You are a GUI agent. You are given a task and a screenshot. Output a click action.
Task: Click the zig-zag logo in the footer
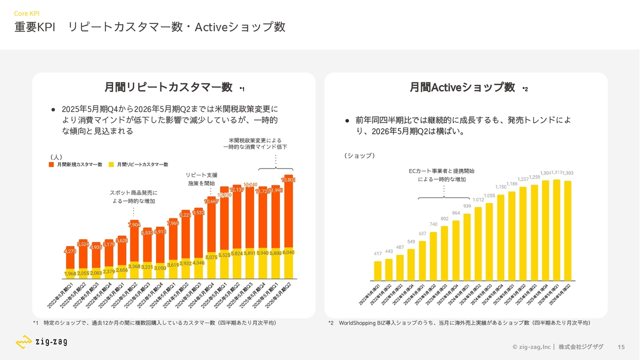pyautogui.click(x=41, y=342)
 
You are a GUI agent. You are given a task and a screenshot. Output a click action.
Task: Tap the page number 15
pyautogui.click(x=621, y=347)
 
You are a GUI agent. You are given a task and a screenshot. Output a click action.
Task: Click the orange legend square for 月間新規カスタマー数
pyautogui.click(x=51, y=164)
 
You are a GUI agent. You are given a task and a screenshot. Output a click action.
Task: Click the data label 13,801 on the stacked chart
pyautogui.click(x=288, y=180)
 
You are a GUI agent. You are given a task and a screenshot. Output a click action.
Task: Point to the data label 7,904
pyautogui.click(x=134, y=225)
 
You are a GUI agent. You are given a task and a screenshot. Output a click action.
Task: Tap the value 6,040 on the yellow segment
pyautogui.click(x=288, y=253)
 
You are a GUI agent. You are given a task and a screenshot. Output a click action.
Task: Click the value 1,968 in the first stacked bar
pyautogui.click(x=70, y=273)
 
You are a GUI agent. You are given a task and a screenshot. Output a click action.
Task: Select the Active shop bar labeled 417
pyautogui.click(x=378, y=270)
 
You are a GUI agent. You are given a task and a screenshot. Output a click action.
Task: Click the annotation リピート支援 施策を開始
pyautogui.click(x=201, y=179)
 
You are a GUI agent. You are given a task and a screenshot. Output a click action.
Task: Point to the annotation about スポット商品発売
pyautogui.click(x=133, y=196)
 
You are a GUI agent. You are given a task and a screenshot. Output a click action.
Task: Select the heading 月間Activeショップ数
pyautogui.click(x=462, y=87)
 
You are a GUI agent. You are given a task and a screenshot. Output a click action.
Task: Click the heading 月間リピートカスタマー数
pyautogui.click(x=168, y=87)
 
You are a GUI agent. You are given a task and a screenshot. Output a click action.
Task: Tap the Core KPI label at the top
pyautogui.click(x=27, y=13)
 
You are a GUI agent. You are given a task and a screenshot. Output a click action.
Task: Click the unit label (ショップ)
pyautogui.click(x=359, y=156)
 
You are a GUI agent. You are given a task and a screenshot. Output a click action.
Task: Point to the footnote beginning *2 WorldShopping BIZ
pyautogui.click(x=459, y=323)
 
